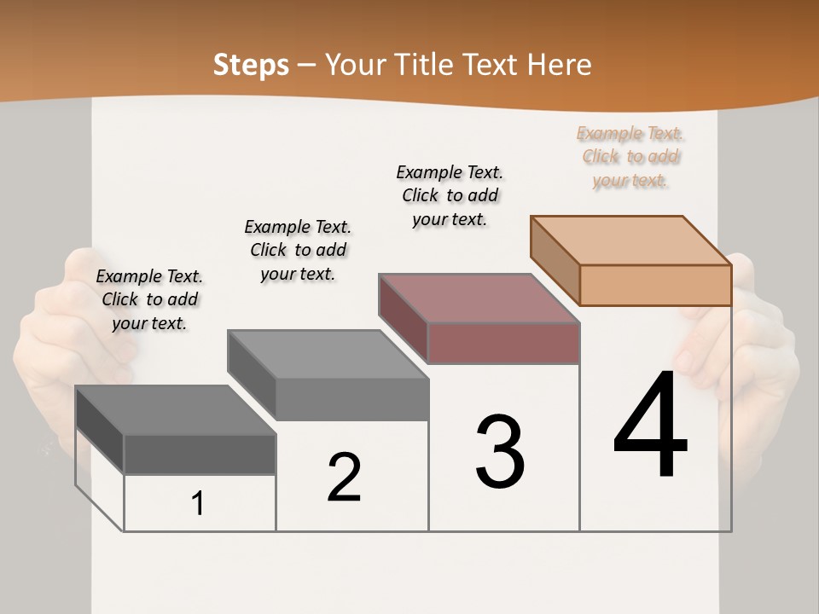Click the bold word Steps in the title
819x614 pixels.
pos(251,65)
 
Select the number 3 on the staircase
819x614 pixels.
pos(500,452)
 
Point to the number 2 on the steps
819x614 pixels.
pos(344,478)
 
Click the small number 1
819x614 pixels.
pos(198,504)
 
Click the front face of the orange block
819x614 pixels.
pos(655,285)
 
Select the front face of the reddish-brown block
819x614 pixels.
pos(503,343)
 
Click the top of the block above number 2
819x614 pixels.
pos(328,355)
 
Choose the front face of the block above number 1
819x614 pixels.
pos(200,455)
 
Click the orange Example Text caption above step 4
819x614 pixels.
pos(630,157)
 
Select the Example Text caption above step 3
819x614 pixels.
pos(450,196)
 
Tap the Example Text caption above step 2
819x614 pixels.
pos(298,250)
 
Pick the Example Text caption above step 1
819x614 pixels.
pos(149,299)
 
